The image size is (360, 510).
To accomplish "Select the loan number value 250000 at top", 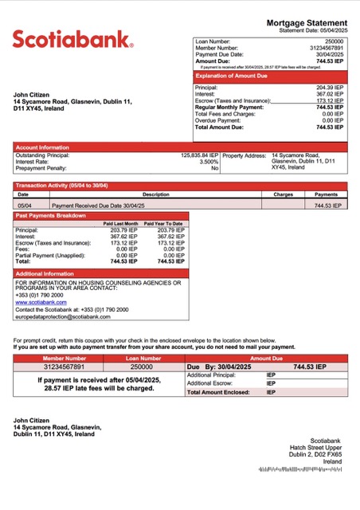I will (335, 40).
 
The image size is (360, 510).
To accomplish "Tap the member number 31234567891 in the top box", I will (326, 47).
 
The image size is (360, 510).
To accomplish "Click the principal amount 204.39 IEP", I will (330, 88).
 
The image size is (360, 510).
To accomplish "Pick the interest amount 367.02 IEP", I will (330, 94).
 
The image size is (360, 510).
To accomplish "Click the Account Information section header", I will (42, 147).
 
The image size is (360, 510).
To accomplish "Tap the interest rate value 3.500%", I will (209, 162).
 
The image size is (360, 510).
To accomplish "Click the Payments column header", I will (326, 194).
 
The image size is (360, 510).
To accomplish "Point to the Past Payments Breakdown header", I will (51, 216).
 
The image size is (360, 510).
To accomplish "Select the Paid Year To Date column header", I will (163, 224).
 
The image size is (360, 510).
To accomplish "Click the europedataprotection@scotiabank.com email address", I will (63, 316).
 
